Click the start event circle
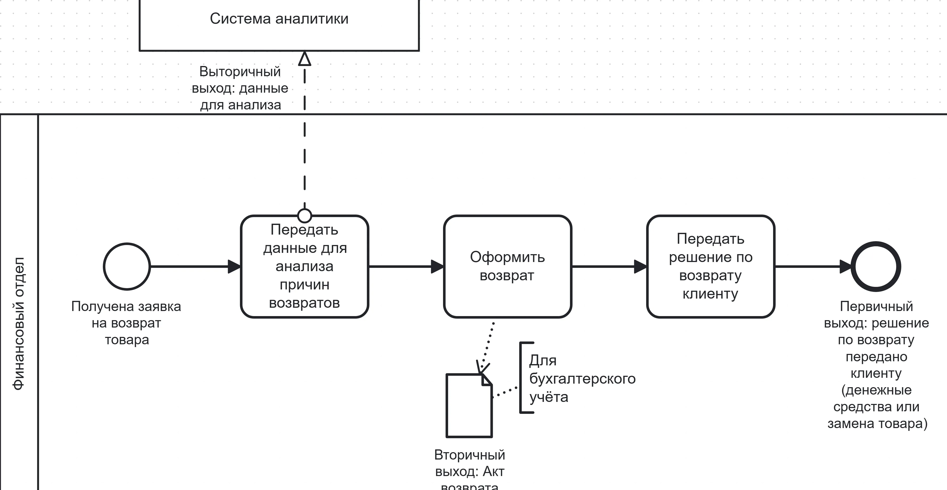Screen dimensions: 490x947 (127, 267)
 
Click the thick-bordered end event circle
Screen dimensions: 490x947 (876, 267)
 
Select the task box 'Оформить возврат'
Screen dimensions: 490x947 (507, 267)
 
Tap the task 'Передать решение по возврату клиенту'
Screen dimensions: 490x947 (710, 267)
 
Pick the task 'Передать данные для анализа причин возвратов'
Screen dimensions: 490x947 (304, 267)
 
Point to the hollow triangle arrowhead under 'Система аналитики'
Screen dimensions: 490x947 (304, 59)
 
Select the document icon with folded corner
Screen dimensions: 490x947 (469, 406)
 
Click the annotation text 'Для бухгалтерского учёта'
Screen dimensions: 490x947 (582, 379)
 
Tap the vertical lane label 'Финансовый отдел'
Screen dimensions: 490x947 (18, 323)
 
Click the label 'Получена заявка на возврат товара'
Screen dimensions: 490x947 (126, 323)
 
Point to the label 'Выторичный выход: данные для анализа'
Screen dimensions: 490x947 (240, 88)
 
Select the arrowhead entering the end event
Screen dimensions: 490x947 (845, 267)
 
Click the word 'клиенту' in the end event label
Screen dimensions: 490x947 (876, 373)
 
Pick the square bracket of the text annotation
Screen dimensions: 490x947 (521, 378)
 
